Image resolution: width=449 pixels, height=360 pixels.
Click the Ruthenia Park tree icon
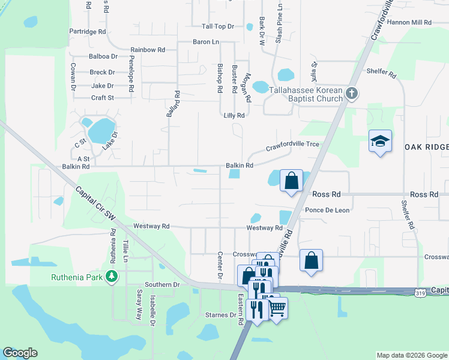pyautogui.click(x=111, y=276)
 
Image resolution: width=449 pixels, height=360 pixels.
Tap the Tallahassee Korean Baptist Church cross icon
pyautogui.click(x=352, y=94)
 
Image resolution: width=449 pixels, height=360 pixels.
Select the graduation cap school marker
pyautogui.click(x=380, y=142)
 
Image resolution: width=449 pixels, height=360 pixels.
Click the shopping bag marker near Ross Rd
pyautogui.click(x=291, y=180)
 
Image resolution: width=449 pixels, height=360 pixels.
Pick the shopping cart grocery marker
pyautogui.click(x=277, y=308)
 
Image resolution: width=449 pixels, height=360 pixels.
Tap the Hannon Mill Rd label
pyautogui.click(x=409, y=22)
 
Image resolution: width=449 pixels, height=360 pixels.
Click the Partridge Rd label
pyautogui.click(x=87, y=31)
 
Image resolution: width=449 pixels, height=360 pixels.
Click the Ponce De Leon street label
pyautogui.click(x=327, y=211)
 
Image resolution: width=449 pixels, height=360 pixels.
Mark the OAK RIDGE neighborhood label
pyautogui.click(x=426, y=148)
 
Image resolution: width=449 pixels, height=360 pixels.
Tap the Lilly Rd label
pyautogui.click(x=234, y=115)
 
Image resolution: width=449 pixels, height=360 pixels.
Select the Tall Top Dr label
pyautogui.click(x=217, y=26)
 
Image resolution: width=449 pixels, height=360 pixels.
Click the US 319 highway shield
pyautogui.click(x=420, y=292)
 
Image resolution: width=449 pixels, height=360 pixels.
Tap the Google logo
pyautogui.click(x=20, y=353)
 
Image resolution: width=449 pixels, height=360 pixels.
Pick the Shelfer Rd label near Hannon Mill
pyautogui.click(x=381, y=75)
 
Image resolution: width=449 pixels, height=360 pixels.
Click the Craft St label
pyautogui.click(x=102, y=98)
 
